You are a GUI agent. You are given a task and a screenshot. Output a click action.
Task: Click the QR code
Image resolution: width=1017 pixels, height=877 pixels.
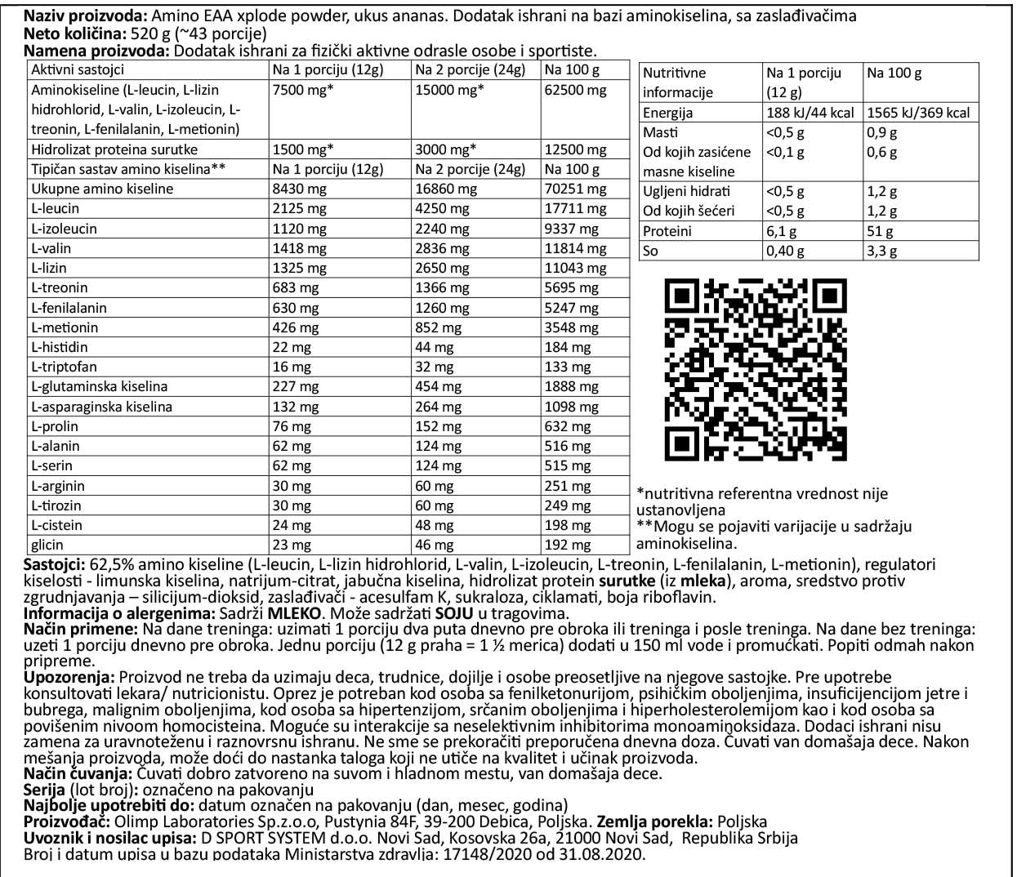[x=756, y=370]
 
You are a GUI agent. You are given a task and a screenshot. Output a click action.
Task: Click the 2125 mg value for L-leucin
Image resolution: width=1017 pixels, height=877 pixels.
[x=300, y=208]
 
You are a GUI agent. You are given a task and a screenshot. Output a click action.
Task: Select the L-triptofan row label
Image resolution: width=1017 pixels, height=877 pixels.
[x=64, y=367]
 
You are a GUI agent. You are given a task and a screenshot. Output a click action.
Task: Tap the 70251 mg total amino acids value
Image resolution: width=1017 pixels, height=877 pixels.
[x=575, y=189]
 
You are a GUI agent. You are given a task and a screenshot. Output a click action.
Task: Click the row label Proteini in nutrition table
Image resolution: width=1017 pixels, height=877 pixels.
[x=667, y=231]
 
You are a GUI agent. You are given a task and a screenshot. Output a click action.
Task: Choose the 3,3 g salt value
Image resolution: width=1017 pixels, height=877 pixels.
[x=882, y=251]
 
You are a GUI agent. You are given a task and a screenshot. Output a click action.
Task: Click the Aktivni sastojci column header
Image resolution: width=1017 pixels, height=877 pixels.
[x=78, y=70]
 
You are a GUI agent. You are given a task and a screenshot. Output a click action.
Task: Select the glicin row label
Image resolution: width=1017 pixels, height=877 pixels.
[x=47, y=545]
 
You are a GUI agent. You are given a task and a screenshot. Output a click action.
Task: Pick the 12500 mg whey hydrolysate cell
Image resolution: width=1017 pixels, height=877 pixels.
[x=575, y=149]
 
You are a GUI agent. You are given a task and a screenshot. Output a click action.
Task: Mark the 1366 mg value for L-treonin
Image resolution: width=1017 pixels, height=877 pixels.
[x=443, y=287]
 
